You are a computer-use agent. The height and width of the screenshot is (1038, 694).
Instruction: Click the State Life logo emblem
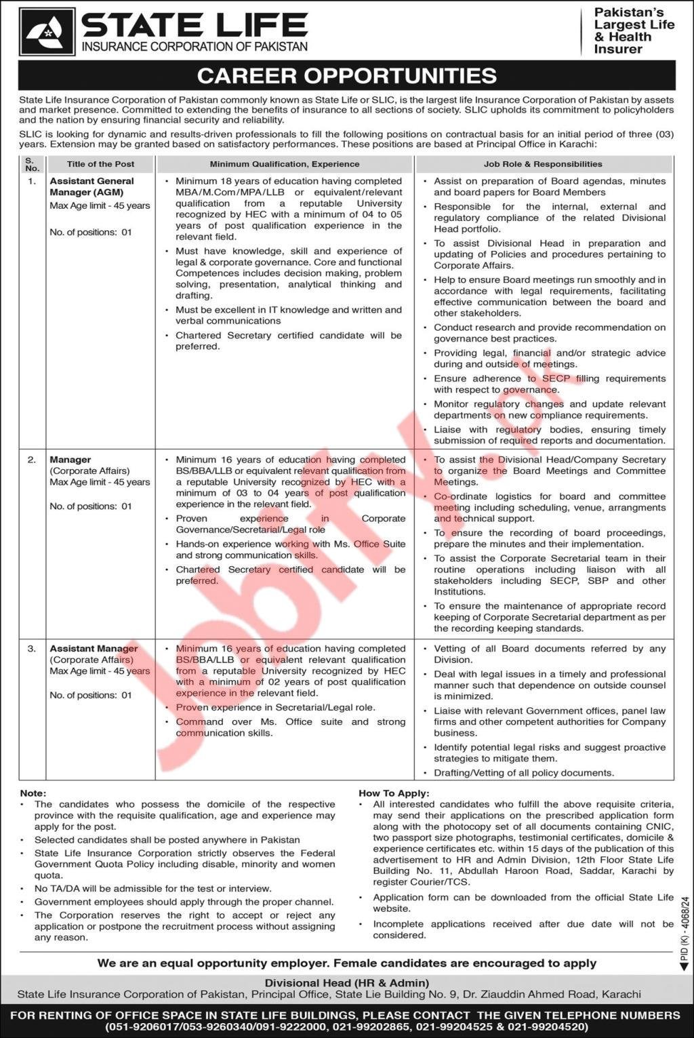click(x=47, y=32)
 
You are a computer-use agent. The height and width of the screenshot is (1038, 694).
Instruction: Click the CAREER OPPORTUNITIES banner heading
click(x=346, y=75)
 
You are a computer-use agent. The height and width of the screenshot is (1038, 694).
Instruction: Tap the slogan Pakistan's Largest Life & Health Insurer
click(x=634, y=31)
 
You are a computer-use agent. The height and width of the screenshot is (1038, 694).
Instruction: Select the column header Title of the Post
click(x=100, y=164)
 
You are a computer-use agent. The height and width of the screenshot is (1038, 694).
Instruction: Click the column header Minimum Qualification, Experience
click(x=285, y=164)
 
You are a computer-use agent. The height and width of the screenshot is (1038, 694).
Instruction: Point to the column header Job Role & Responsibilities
click(x=543, y=164)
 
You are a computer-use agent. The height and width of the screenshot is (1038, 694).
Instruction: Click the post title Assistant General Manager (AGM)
click(x=91, y=186)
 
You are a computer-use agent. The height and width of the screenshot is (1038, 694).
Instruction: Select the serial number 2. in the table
click(x=32, y=460)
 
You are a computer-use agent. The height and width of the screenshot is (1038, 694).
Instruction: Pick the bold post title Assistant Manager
click(x=94, y=649)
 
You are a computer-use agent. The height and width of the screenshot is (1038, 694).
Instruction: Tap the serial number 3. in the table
click(x=32, y=649)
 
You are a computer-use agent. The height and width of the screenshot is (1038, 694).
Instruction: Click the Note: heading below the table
click(x=33, y=793)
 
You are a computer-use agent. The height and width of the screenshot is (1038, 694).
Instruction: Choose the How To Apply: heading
click(x=394, y=793)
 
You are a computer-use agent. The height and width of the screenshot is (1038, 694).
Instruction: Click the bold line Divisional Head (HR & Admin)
click(x=346, y=982)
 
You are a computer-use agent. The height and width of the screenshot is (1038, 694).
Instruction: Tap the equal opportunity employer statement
click(x=346, y=963)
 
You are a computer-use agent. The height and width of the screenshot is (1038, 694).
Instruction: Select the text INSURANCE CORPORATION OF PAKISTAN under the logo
click(x=195, y=47)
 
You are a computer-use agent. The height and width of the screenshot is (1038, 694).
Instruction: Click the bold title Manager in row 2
click(x=70, y=460)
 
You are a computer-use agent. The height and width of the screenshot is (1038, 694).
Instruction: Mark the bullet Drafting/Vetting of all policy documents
click(x=524, y=773)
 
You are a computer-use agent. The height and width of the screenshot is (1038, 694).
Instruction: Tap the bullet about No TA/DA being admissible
click(x=153, y=888)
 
